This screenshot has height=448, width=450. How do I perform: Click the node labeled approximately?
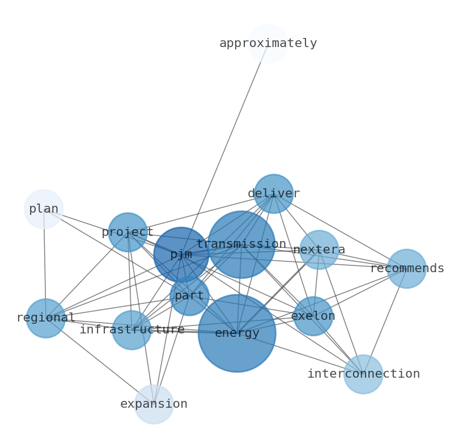pyautogui.click(x=268, y=43)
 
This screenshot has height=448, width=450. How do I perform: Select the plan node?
pyautogui.click(x=44, y=209)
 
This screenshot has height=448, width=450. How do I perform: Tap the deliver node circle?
pyautogui.click(x=273, y=193)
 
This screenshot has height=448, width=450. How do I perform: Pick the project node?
pyautogui.click(x=128, y=232)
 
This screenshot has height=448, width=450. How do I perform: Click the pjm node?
pyautogui.click(x=181, y=255)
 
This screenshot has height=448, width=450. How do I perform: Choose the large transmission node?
pyautogui.click(x=241, y=244)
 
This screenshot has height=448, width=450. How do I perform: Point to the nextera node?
pyautogui.click(x=319, y=250)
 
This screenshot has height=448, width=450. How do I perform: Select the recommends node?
pyautogui.click(x=406, y=268)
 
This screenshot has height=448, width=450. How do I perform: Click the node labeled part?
pyautogui.click(x=189, y=295)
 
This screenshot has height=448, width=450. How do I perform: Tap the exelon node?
pyautogui.click(x=313, y=316)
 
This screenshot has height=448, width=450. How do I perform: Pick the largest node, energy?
pyautogui.click(x=237, y=333)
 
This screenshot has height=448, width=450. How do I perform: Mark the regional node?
pyautogui.click(x=46, y=318)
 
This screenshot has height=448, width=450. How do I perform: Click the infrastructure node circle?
pyautogui.click(x=131, y=329)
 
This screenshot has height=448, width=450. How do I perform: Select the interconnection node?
pyautogui.click(x=363, y=374)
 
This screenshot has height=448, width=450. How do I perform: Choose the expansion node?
pyautogui.click(x=154, y=404)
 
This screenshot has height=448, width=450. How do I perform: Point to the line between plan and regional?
pyautogui.click(x=45, y=264)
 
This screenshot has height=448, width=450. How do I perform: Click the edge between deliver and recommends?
pyautogui.click(x=340, y=231)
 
